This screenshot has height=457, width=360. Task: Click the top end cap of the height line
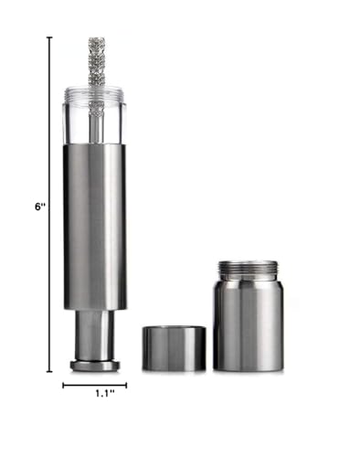tap(49, 37)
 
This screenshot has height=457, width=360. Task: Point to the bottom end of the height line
tap(49, 371)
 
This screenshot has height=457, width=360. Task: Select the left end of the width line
tap(63, 385)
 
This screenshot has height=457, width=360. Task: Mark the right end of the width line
tap(126, 385)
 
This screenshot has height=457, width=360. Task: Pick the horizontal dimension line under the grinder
tap(94, 385)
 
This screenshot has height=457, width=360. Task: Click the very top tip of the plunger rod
tap(96, 38)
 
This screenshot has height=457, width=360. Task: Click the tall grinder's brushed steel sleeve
tap(94, 224)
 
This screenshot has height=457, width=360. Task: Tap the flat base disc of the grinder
tap(95, 365)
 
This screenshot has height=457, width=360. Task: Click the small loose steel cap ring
tap(174, 348)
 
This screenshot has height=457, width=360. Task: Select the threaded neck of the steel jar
tap(248, 270)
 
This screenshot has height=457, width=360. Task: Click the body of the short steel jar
tap(248, 329)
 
